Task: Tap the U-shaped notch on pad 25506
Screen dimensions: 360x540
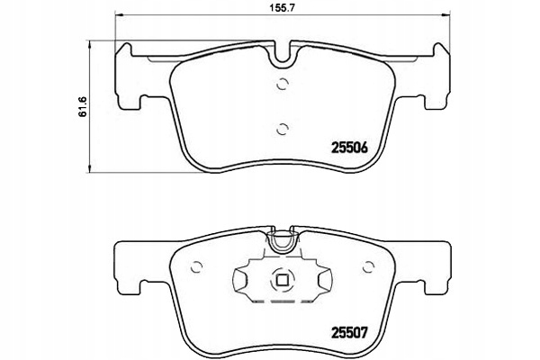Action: click(x=283, y=55)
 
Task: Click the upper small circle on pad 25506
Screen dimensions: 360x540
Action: click(x=283, y=85)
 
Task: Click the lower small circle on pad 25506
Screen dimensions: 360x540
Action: click(x=283, y=127)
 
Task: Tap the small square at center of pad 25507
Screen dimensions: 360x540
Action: click(x=283, y=278)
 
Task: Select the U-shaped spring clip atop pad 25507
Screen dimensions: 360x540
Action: click(x=283, y=239)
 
